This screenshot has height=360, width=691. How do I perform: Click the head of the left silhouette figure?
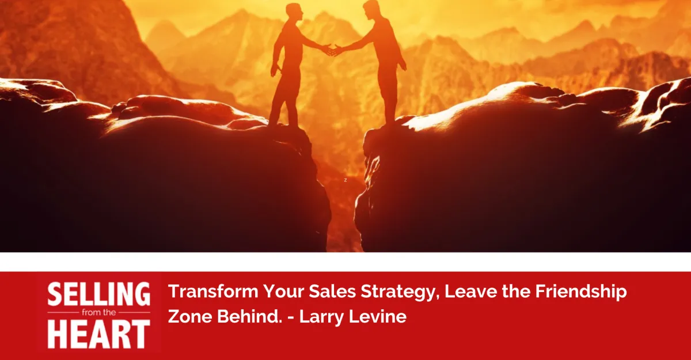tap(294, 11)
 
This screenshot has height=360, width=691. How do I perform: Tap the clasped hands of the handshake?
tap(332, 50)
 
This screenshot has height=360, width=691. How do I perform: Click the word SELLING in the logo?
tap(98, 295)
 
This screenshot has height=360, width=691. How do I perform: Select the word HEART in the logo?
tap(98, 335)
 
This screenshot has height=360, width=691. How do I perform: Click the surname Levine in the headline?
tap(378, 317)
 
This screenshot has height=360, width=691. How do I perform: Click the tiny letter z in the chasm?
tap(345, 180)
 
